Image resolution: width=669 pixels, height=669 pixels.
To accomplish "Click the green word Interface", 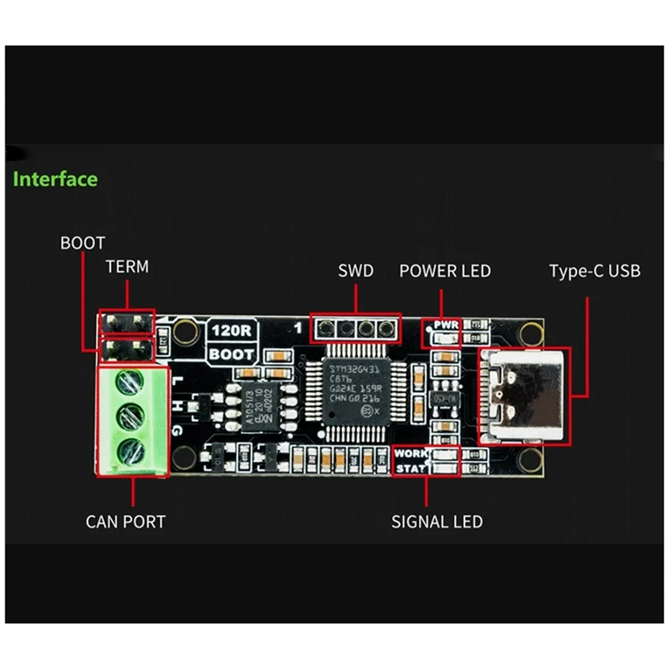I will [x=55, y=179].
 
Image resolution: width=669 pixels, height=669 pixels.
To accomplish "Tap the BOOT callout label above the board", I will [x=82, y=243].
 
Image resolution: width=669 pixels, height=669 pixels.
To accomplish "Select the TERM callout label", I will [x=127, y=268].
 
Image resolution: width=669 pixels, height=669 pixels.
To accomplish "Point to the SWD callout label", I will [x=355, y=271].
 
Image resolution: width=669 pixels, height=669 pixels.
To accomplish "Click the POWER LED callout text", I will [x=445, y=271].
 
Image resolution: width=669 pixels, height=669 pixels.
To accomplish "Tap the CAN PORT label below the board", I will [x=125, y=522].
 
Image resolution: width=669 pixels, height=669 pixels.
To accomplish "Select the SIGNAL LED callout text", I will [x=437, y=522].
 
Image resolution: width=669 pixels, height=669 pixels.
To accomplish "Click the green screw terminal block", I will [x=131, y=420].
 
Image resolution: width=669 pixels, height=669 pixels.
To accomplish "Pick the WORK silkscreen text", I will [x=411, y=452].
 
